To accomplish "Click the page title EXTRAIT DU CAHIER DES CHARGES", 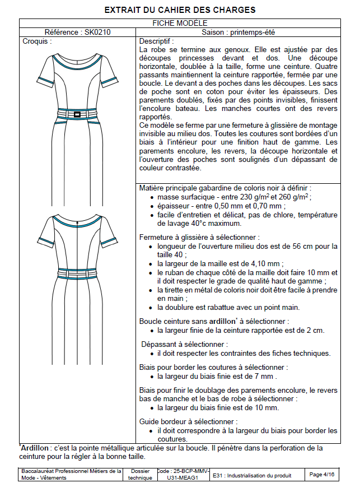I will coord(180,10).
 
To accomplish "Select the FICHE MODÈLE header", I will coord(180,23).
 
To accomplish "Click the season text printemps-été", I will coord(251,33).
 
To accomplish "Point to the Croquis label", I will coord(37,41).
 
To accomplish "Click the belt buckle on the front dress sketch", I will coord(77,115).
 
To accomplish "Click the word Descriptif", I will coord(156,41).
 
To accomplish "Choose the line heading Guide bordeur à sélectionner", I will coord(188,421).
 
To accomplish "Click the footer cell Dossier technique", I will coord(139,475).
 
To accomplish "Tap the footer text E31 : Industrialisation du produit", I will coord(252,475).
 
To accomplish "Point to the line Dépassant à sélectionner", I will coord(184,344).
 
